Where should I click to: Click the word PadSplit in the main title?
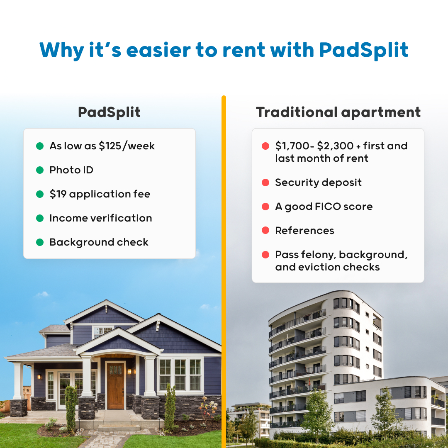(363, 50)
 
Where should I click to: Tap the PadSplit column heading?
(109, 112)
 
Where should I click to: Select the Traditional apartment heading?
(338, 112)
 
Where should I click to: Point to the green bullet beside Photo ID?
(40, 170)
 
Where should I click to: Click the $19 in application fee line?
(58, 194)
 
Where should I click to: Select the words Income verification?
(101, 218)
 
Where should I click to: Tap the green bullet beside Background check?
(40, 242)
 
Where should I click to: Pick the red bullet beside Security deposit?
(265, 183)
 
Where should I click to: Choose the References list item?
(304, 231)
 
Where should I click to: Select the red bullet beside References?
(265, 231)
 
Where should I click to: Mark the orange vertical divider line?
(224, 270)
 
